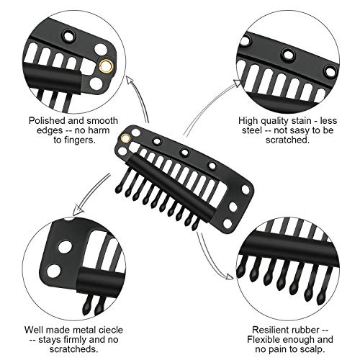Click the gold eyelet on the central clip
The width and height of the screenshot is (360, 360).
tap(125, 138)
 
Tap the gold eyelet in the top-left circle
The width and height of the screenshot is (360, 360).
tap(105, 66)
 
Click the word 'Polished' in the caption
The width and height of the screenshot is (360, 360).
tap(47, 120)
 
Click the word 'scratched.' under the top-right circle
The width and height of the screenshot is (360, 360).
tap(288, 140)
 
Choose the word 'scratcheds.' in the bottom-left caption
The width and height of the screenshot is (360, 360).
tap(74, 349)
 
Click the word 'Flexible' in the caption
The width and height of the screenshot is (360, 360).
tap(264, 340)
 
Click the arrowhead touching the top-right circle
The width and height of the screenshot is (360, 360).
tap(238, 83)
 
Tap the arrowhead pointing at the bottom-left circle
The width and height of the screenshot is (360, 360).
tap(77, 210)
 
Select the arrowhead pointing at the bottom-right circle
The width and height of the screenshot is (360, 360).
tap(229, 276)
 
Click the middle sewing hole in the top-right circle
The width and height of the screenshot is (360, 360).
tap(288, 55)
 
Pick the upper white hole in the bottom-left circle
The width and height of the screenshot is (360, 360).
tap(66, 247)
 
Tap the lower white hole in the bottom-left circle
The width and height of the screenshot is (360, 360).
tap(53, 271)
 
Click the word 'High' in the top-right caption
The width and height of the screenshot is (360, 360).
tap(248, 121)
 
